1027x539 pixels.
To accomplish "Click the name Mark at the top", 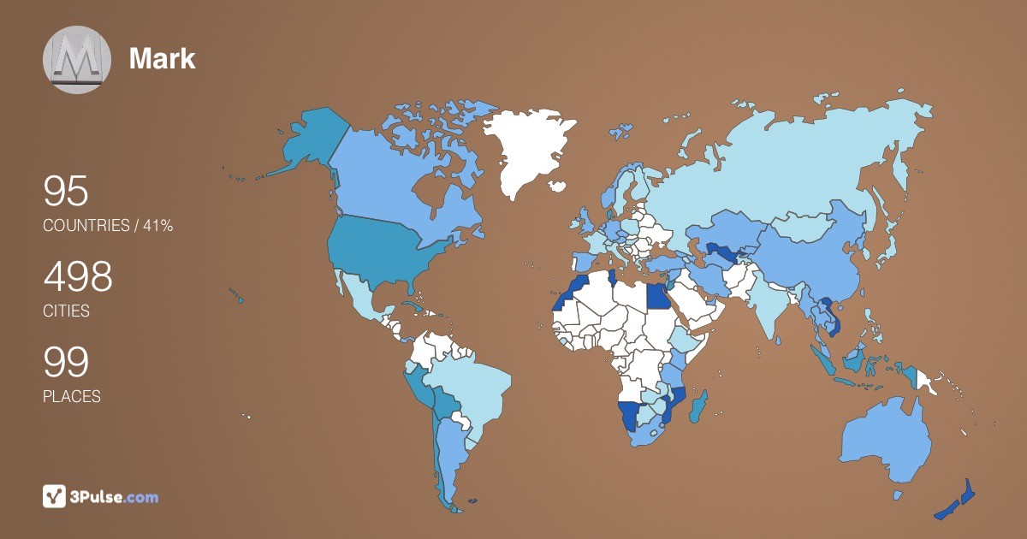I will coord(162,59).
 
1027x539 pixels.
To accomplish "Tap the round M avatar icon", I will coord(77,60).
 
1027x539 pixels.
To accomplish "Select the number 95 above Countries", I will coord(66,192).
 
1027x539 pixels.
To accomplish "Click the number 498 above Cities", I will coord(78,277).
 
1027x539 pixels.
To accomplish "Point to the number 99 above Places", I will coord(66,363).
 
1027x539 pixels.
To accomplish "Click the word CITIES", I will coord(66,311).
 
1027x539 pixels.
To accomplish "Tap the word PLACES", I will coord(71,397).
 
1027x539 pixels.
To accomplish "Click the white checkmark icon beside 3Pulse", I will coord(55,496).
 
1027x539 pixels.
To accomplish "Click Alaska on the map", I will coord(309,141).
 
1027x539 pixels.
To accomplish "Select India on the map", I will coord(767,305).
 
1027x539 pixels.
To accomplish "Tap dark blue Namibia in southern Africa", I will coord(629,416).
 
